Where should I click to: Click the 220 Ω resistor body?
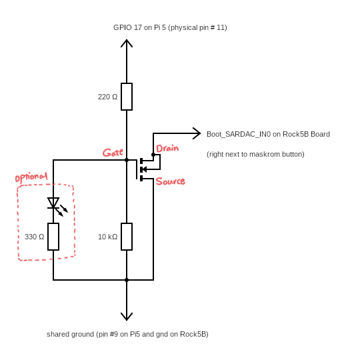[x=127, y=97]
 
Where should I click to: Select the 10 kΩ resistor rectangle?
[x=127, y=237]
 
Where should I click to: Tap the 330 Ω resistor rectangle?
[x=53, y=237]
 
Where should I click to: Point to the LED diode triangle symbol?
[x=53, y=203]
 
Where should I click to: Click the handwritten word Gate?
[x=113, y=153]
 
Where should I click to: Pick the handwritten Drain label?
[x=167, y=148]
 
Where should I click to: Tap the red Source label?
[x=171, y=181]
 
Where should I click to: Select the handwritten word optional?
[x=31, y=177]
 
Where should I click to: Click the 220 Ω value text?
[x=108, y=97]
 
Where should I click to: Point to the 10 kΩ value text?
[x=108, y=237]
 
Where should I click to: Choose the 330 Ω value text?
[x=35, y=237]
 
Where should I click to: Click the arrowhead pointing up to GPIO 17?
[x=127, y=43]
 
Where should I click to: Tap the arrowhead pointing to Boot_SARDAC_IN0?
[x=197, y=133]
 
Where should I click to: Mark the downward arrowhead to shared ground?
[x=127, y=317]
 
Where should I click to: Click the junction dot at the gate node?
[x=127, y=160]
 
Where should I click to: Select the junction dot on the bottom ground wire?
[x=127, y=280]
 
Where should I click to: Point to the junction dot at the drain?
[x=153, y=155]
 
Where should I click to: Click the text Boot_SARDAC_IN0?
[x=239, y=134]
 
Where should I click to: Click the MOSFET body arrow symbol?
[x=143, y=169]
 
